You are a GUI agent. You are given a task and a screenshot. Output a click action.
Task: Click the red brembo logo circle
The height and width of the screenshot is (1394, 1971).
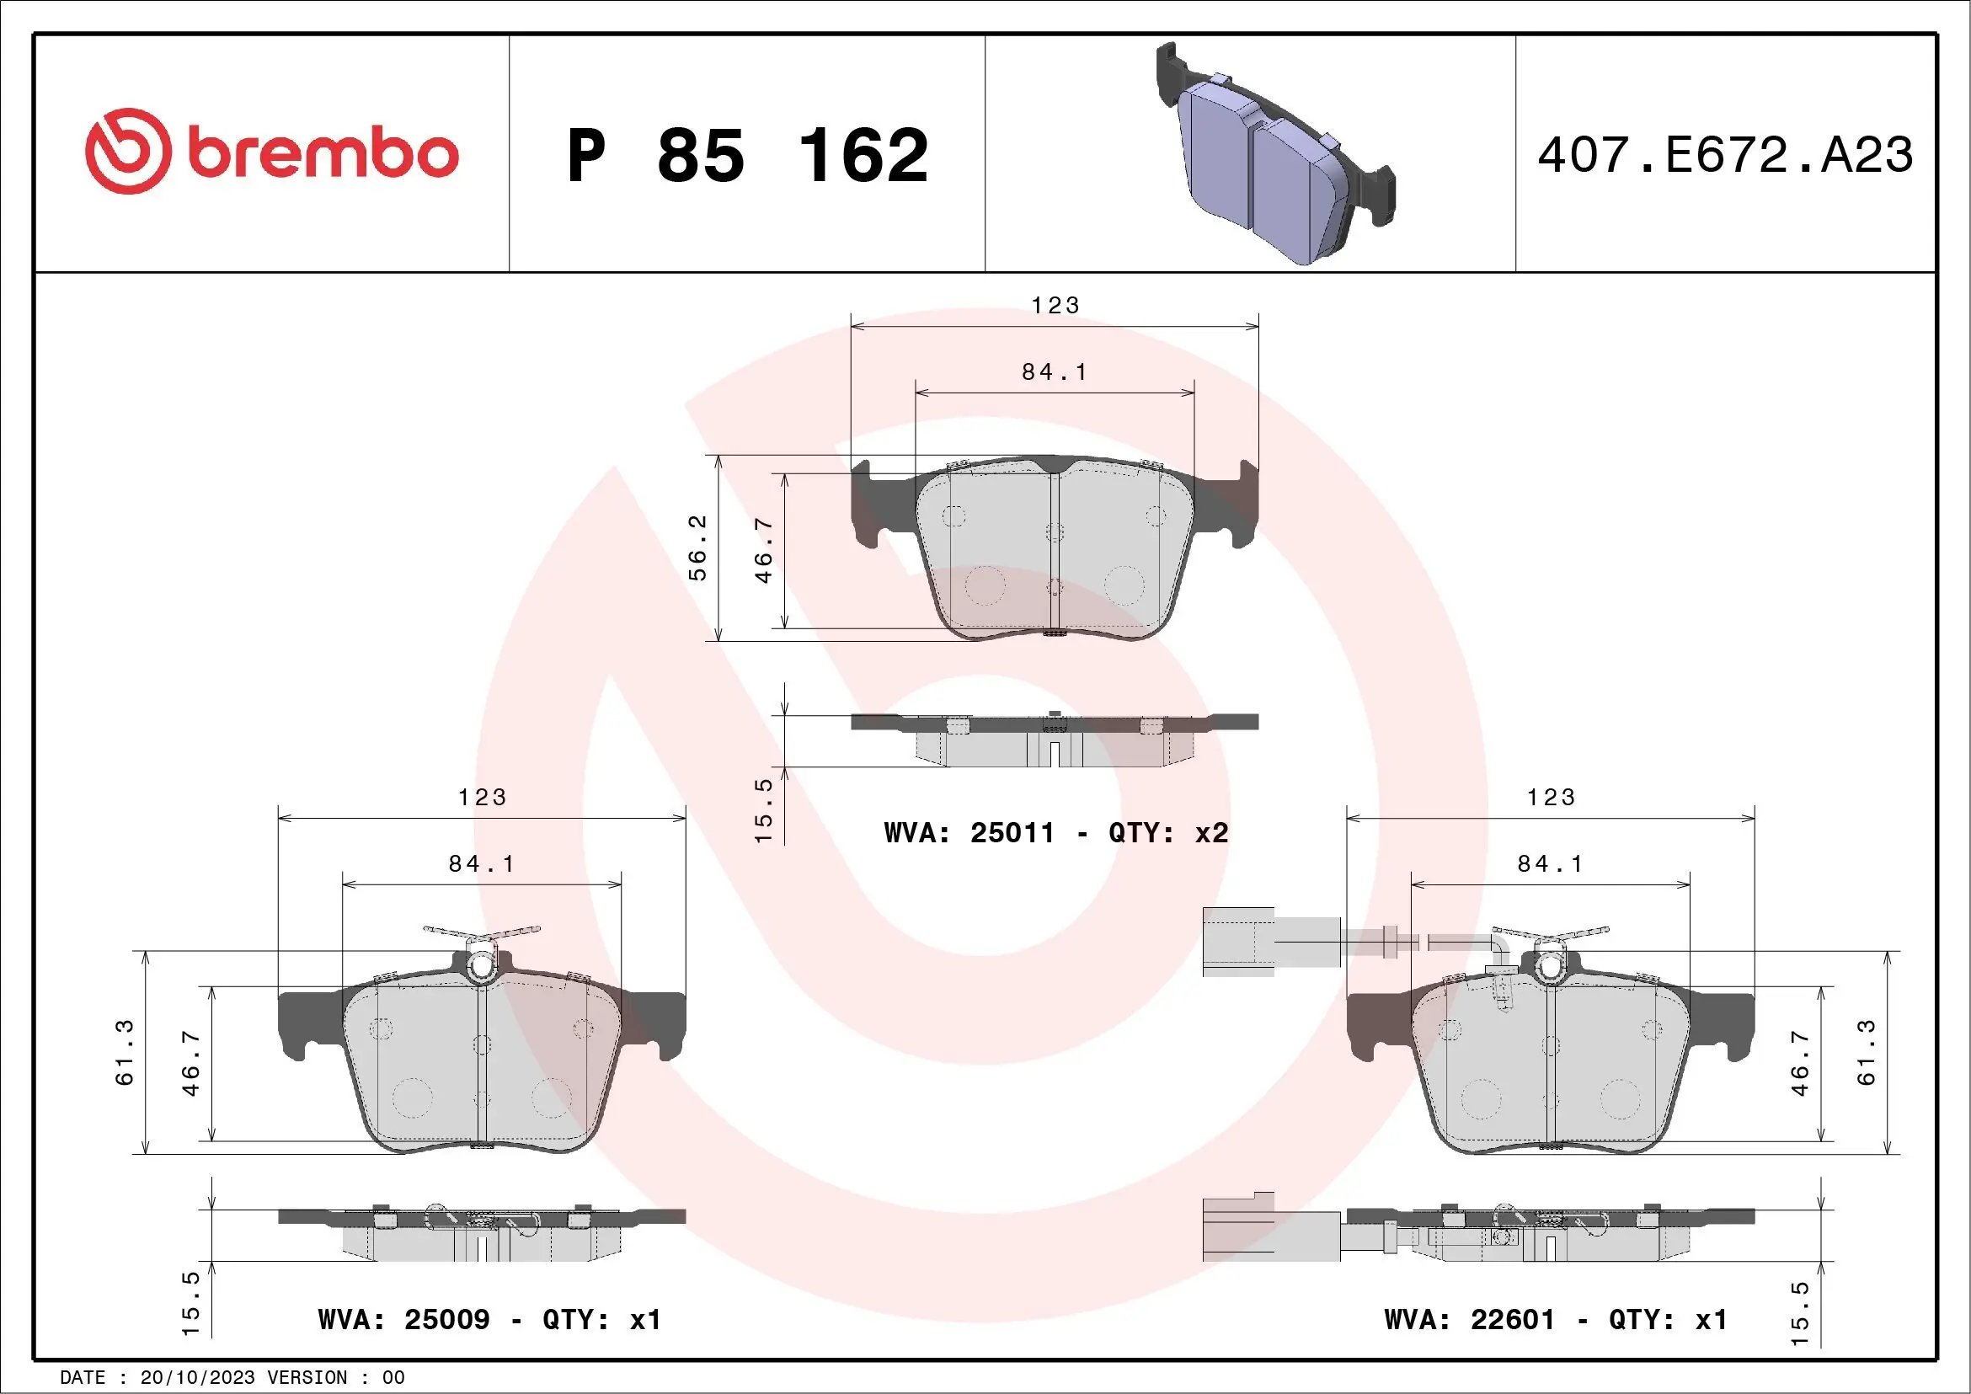(127, 152)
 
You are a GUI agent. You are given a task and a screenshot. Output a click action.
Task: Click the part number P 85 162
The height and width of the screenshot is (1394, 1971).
(747, 155)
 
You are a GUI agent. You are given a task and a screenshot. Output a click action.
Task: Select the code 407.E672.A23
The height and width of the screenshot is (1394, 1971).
(1726, 155)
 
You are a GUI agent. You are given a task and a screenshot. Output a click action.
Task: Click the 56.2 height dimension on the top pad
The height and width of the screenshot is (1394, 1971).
(698, 547)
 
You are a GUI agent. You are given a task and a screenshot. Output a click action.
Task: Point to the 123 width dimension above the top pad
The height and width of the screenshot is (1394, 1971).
(1055, 306)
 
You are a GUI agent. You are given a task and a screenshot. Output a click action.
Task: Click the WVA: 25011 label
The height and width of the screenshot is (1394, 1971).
(969, 833)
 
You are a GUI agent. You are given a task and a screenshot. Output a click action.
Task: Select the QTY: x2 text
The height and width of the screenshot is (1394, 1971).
(1167, 833)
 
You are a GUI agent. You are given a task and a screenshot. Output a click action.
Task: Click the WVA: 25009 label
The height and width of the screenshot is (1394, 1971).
(403, 1319)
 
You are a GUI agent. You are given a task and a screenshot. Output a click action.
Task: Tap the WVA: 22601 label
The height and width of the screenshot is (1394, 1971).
(1470, 1319)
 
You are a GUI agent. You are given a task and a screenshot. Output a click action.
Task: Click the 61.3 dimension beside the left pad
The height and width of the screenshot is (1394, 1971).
(126, 1052)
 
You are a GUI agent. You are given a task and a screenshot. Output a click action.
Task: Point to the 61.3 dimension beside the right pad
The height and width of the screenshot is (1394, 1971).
(1867, 1052)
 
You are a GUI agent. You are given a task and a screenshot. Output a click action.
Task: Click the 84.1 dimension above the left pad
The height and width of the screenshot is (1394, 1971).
(482, 863)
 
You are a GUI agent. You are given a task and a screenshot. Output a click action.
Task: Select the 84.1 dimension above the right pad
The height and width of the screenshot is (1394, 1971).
(1551, 863)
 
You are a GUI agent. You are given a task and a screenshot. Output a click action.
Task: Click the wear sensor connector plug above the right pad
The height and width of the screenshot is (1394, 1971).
(1237, 942)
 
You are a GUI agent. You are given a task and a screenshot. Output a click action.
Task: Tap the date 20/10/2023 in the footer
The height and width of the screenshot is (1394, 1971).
(197, 1378)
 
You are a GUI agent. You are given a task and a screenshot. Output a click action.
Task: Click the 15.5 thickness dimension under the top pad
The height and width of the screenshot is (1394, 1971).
(763, 810)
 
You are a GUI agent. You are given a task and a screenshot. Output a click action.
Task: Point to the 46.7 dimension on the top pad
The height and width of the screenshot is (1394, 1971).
(763, 550)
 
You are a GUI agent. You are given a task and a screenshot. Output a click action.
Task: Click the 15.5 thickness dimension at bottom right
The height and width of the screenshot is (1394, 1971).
(1800, 1313)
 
